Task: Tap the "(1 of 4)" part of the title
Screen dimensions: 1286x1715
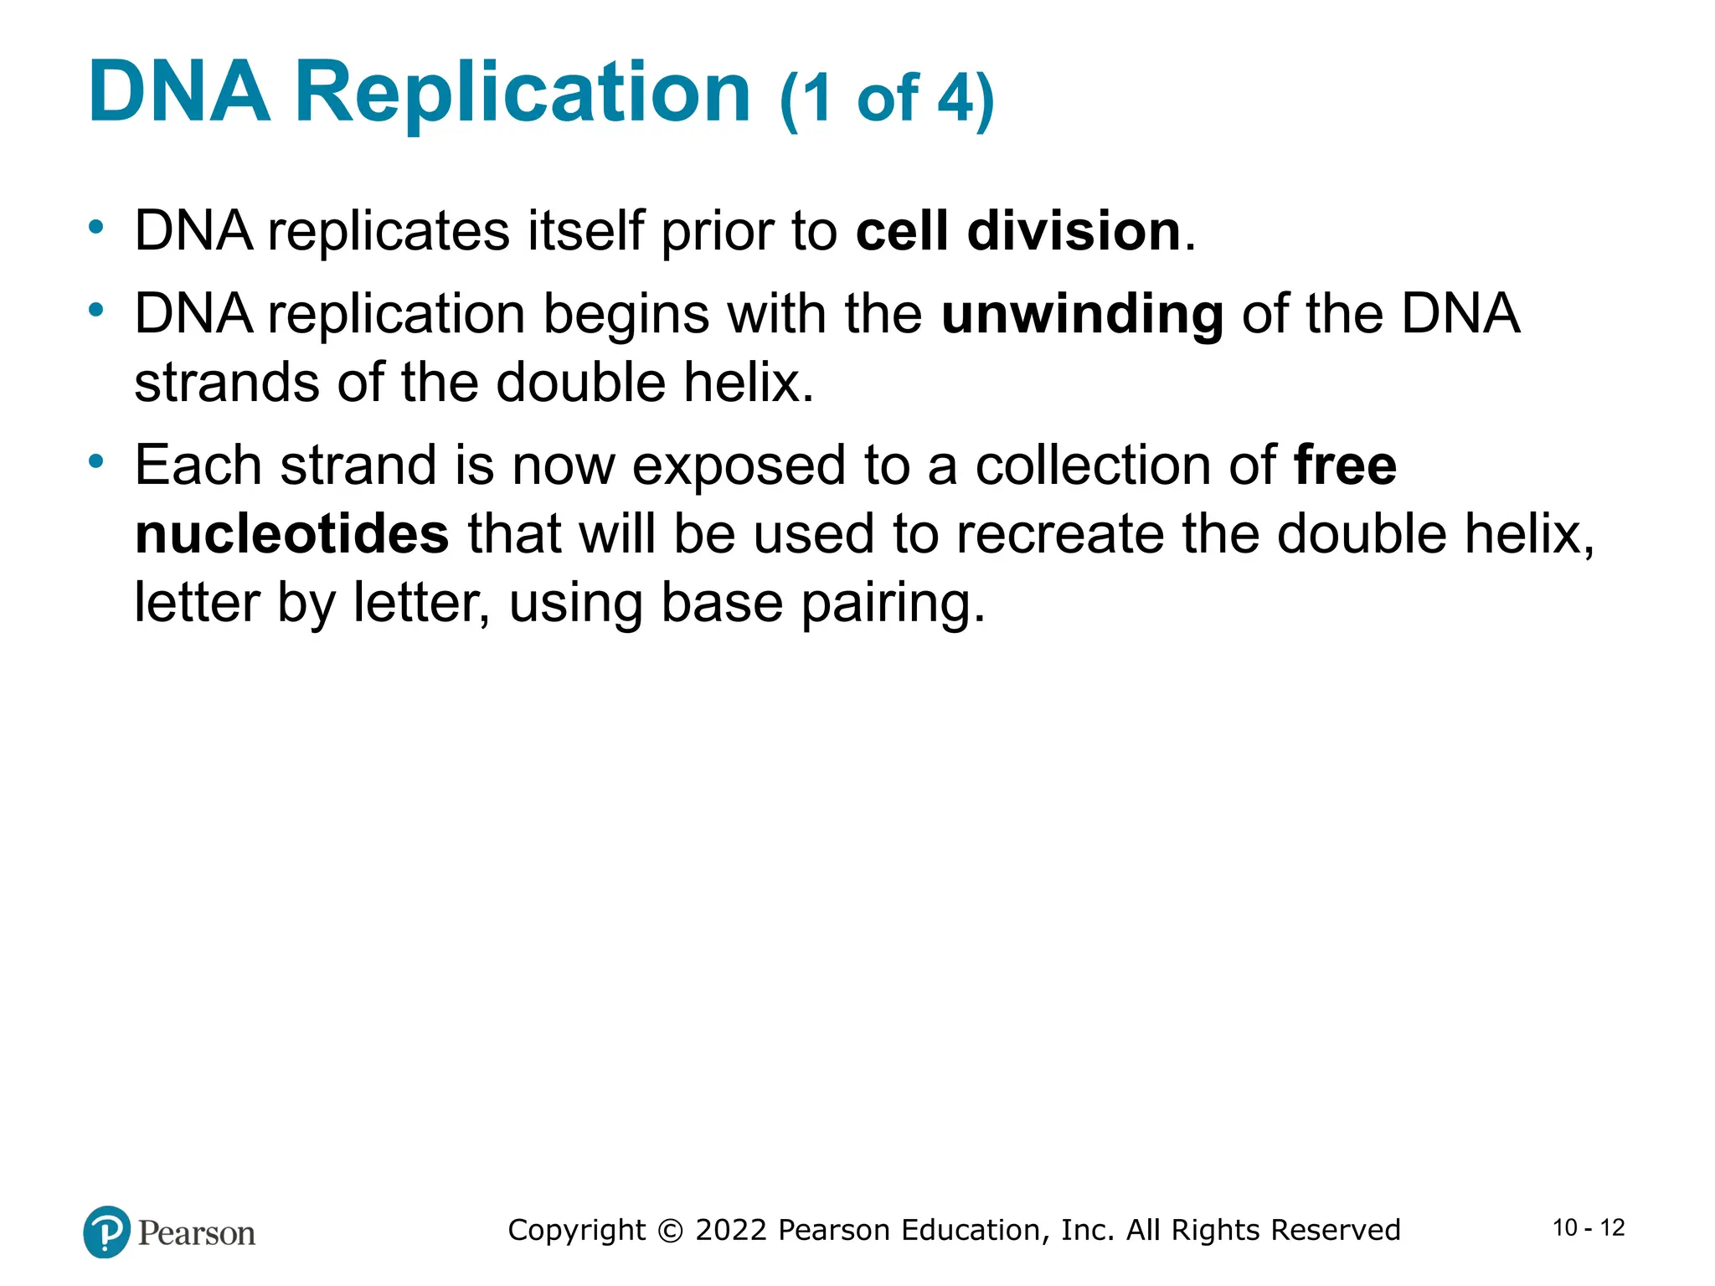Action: [x=887, y=99]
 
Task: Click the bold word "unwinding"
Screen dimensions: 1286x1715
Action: [x=1082, y=316]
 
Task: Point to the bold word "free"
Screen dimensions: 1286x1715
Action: [x=1345, y=466]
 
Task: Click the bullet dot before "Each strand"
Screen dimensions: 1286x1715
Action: [x=97, y=461]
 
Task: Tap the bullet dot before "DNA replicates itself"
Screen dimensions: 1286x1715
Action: [x=97, y=227]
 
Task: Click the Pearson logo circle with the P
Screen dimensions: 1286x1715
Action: [x=107, y=1232]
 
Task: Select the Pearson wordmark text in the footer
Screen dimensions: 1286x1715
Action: [x=197, y=1233]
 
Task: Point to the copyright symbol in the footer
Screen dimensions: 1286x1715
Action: [x=670, y=1230]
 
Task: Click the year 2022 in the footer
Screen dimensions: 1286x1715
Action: [x=731, y=1230]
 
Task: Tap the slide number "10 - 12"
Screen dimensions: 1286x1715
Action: [x=1589, y=1228]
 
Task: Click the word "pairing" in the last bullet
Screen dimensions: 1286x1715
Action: [x=893, y=604]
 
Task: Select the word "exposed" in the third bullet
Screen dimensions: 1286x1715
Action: [x=739, y=467]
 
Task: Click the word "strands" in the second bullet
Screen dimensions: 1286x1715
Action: [x=226, y=383]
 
